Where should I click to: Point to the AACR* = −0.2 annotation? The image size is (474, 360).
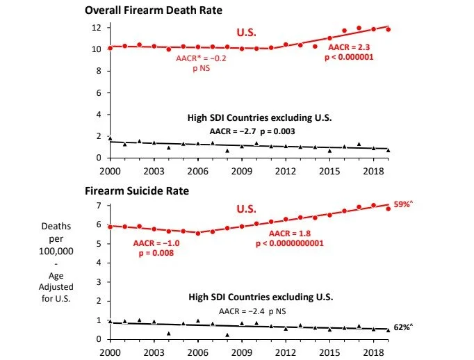[x=199, y=60]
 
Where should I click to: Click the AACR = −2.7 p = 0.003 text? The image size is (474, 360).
[x=261, y=131]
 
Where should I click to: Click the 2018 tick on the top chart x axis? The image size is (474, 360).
[x=373, y=170]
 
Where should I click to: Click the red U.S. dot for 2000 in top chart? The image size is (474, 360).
[x=111, y=48]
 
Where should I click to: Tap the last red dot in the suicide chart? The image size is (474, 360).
[x=388, y=208]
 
